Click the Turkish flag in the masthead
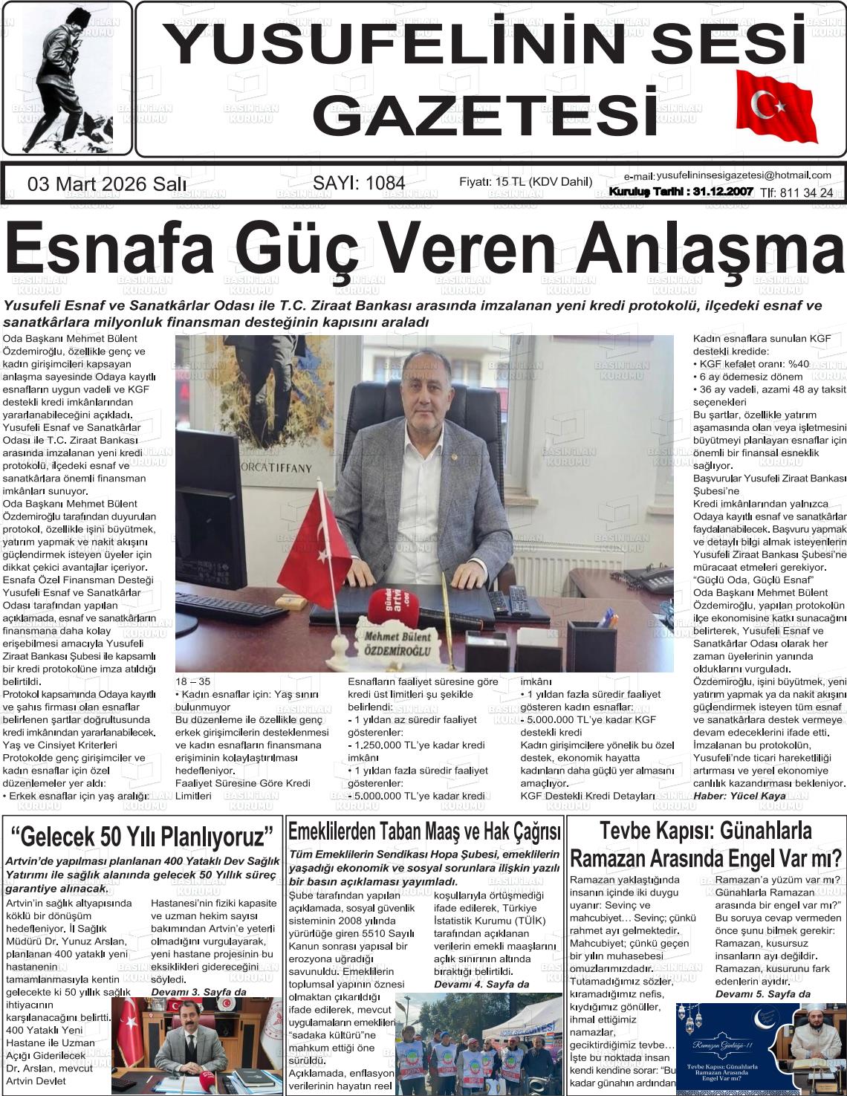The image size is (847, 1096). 776,106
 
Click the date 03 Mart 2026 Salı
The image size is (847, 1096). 107,184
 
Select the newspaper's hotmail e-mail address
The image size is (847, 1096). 743,175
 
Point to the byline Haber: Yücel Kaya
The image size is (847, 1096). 739,796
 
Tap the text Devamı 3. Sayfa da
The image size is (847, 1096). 198,992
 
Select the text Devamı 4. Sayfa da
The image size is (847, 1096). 481,984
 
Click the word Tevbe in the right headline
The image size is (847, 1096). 629,830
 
